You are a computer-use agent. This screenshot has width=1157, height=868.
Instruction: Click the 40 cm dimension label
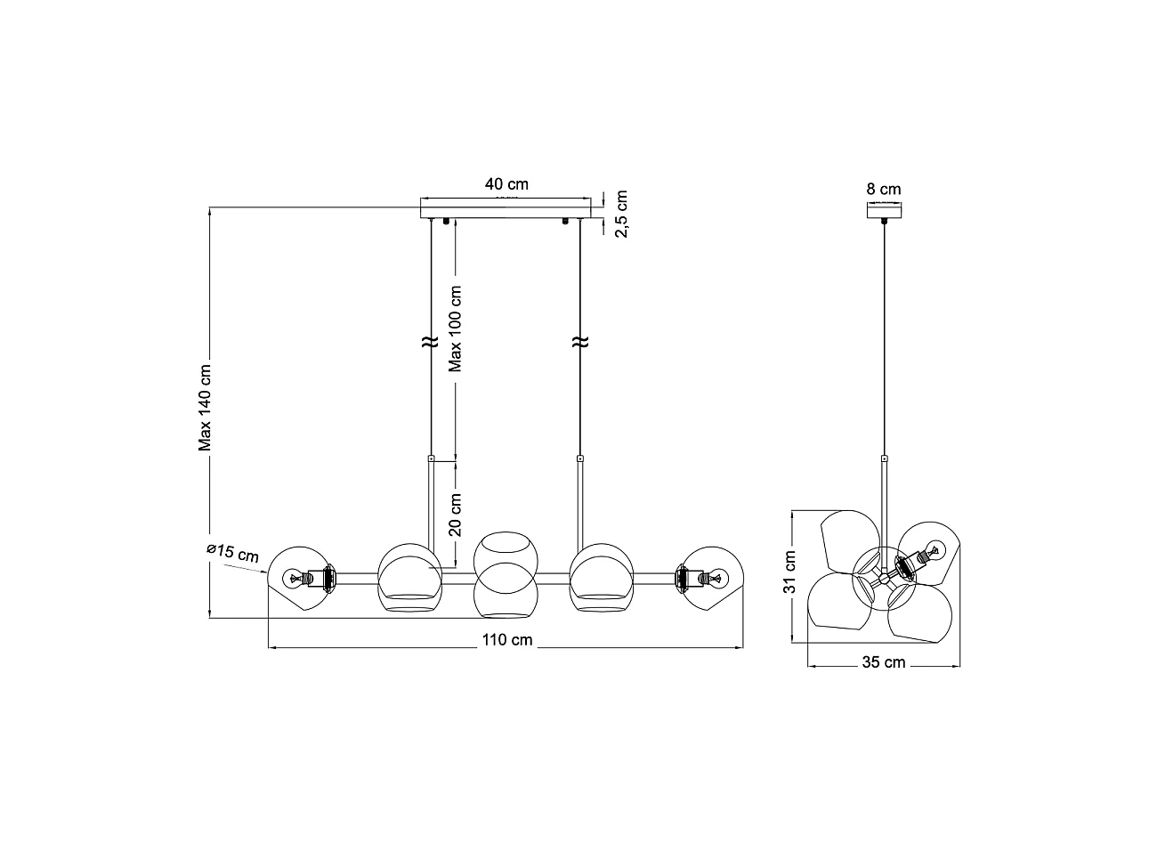click(x=506, y=184)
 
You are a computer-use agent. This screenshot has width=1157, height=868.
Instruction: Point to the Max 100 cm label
click(x=455, y=328)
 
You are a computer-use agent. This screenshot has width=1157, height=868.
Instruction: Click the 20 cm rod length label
click(x=455, y=515)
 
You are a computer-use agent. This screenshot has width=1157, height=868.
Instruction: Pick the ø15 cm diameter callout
click(x=232, y=552)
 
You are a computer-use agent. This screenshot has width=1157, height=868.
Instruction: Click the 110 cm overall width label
click(x=507, y=639)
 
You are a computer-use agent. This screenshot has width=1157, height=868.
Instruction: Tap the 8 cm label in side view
click(x=883, y=189)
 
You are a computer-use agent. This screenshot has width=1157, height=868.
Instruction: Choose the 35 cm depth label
click(x=883, y=662)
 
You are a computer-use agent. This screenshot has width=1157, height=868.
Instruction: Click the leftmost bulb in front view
click(x=293, y=579)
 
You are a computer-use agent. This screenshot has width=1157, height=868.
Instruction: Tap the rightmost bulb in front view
click(x=716, y=579)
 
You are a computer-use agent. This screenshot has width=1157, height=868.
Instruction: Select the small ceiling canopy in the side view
click(x=884, y=210)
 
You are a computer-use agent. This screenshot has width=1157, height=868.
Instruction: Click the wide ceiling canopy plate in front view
click(x=506, y=210)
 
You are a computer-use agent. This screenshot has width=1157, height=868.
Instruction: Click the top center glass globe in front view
click(x=504, y=554)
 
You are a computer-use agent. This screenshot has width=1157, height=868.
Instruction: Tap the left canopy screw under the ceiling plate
click(x=445, y=221)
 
